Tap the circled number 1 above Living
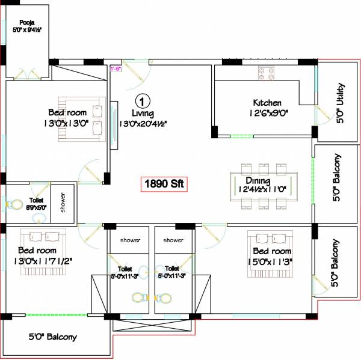[142, 100]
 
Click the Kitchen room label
[267, 103]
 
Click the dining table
[264, 186]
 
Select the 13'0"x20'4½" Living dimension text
[143, 123]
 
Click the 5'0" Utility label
[340, 103]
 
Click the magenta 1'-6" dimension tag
[116, 69]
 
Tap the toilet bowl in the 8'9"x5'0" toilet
[13, 204]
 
